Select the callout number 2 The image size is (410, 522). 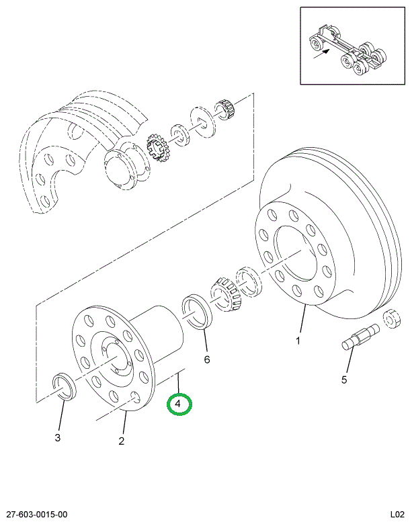click(122, 441)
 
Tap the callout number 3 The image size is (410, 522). click(58, 438)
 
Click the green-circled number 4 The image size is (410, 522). click(179, 404)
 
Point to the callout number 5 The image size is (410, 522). click(344, 380)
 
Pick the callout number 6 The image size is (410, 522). click(207, 359)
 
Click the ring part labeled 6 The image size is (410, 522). click(197, 310)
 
